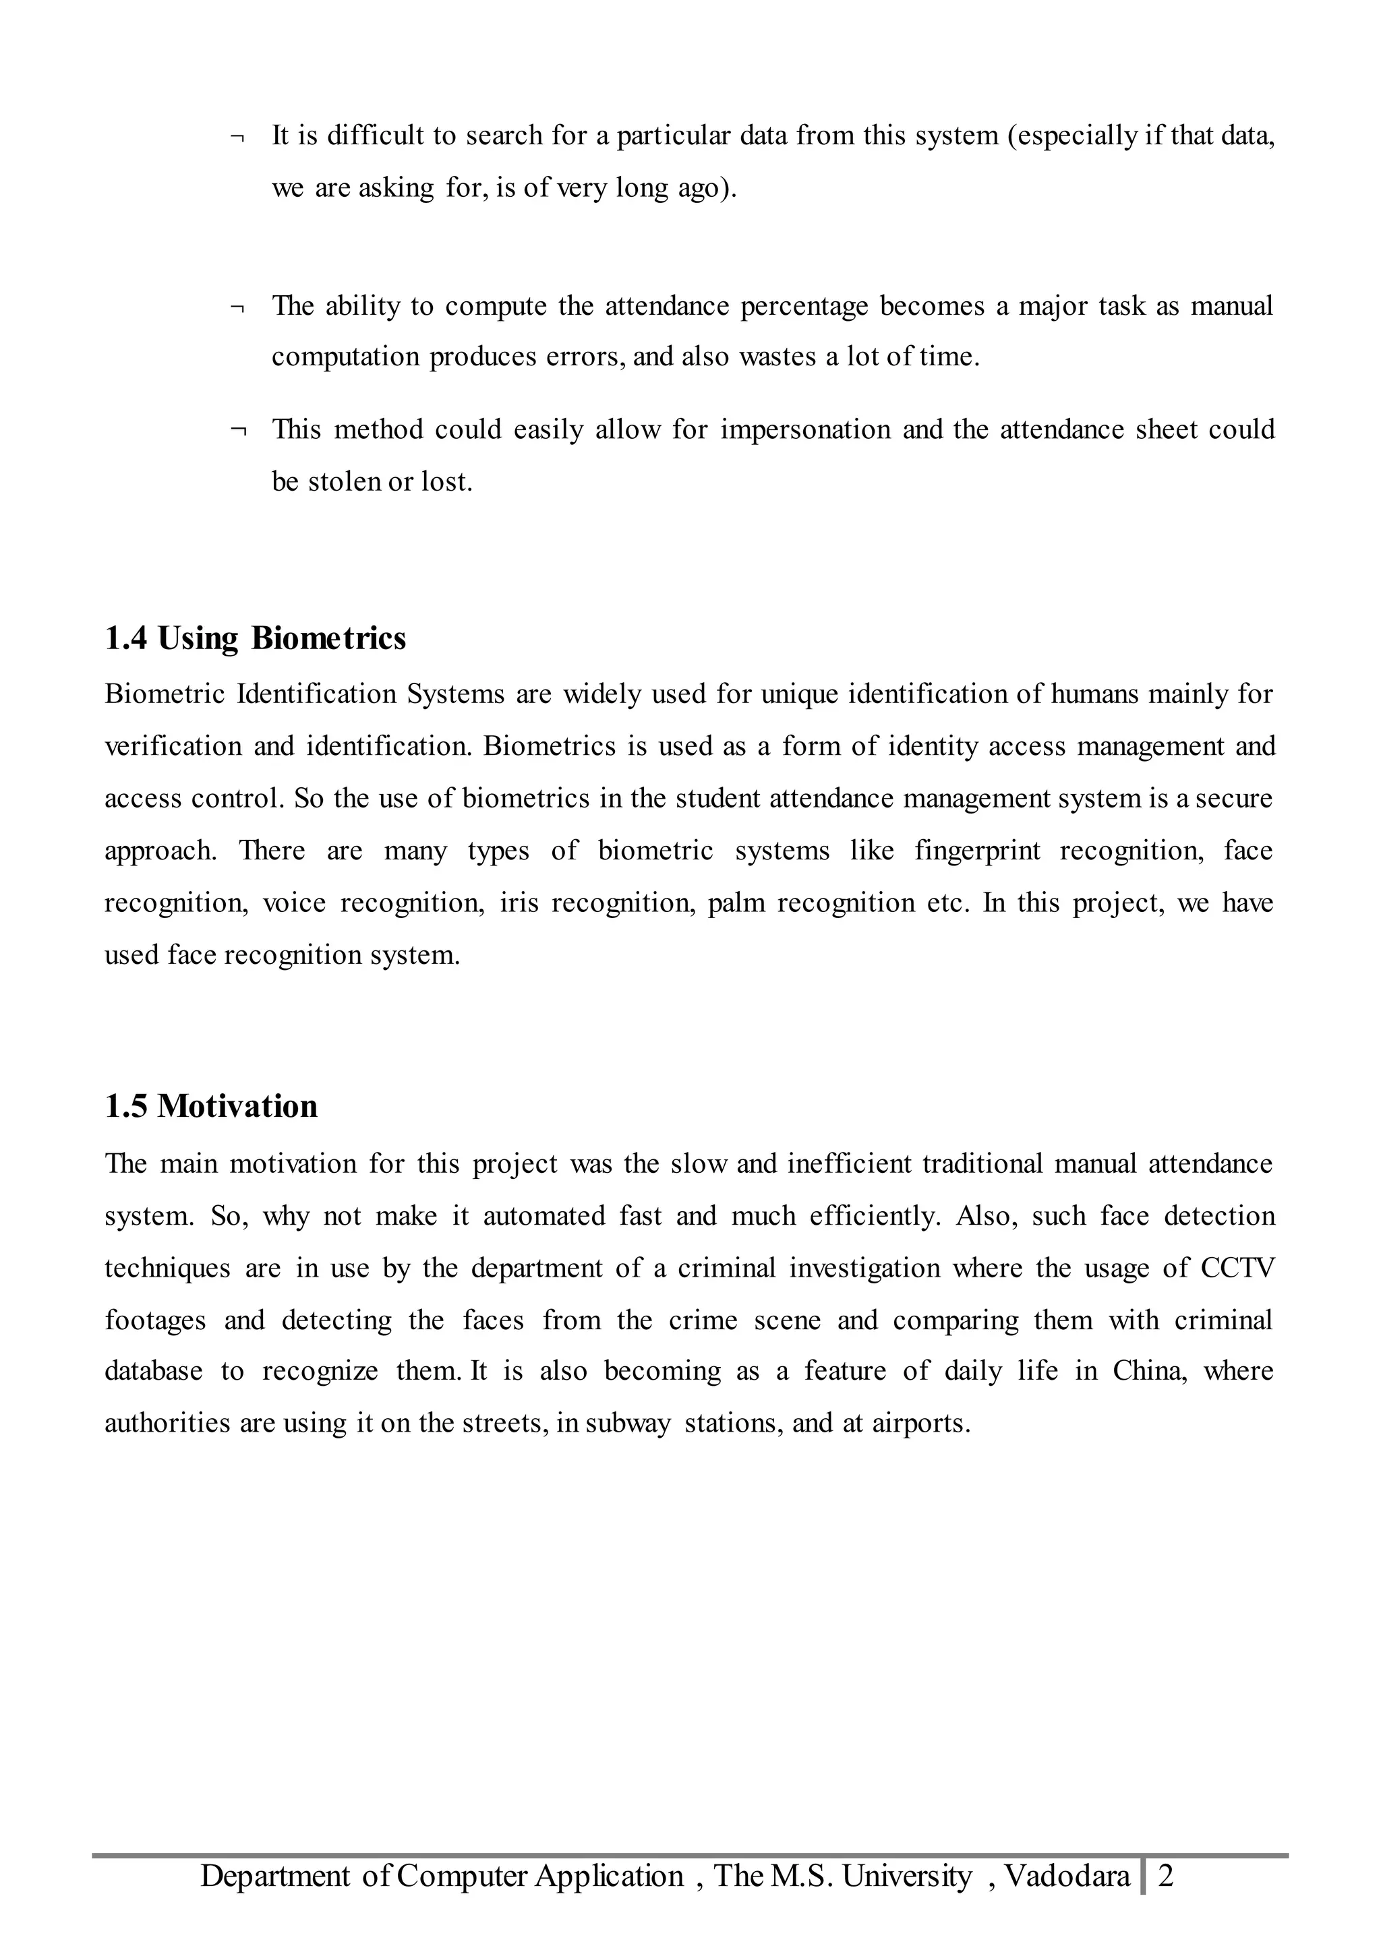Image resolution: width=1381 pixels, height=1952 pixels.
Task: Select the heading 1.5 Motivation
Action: [211, 1106]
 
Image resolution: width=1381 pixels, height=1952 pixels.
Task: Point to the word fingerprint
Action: [977, 850]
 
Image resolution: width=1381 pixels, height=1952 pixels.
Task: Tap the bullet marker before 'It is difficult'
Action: [237, 137]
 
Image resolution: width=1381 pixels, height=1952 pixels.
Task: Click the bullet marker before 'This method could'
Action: [237, 431]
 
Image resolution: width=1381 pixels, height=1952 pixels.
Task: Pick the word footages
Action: [156, 1320]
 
